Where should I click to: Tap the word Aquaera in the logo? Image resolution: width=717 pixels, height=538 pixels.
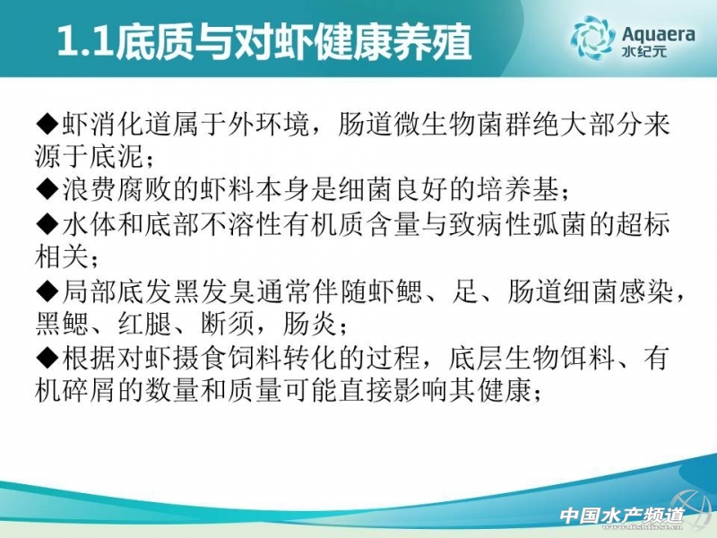click(x=659, y=34)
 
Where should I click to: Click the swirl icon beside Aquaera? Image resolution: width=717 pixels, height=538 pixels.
click(x=592, y=38)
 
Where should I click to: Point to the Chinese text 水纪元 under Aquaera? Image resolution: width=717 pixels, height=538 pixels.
click(x=644, y=51)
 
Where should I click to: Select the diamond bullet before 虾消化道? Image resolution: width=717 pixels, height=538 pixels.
click(x=48, y=124)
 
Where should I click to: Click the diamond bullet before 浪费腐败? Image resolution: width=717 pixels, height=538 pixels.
click(x=48, y=188)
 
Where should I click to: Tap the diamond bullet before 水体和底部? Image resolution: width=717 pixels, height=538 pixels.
click(x=48, y=224)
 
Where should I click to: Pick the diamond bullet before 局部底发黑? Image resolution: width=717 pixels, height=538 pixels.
click(x=48, y=291)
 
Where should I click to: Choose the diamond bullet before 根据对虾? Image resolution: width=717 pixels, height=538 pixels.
click(x=48, y=357)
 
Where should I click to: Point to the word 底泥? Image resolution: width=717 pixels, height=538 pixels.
click(x=117, y=156)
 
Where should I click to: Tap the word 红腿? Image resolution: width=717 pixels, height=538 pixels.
click(x=144, y=324)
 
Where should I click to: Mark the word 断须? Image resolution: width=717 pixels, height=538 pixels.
click(x=228, y=324)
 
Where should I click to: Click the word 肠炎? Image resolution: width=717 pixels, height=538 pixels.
click(x=309, y=324)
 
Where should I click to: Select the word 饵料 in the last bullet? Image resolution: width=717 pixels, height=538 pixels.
click(x=587, y=357)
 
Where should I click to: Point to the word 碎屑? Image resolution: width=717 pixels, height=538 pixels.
click(x=89, y=390)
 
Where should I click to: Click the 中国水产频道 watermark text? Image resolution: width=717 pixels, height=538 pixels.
click(x=622, y=516)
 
